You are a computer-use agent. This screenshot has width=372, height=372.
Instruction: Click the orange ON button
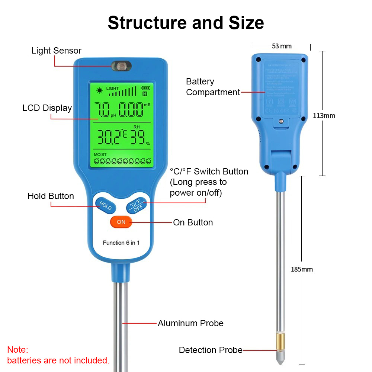tap(121, 222)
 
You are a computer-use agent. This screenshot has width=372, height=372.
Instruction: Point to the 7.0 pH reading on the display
tap(102, 110)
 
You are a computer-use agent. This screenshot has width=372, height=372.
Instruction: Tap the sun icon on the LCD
tap(99, 90)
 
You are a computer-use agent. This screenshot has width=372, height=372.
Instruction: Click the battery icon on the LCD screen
tap(145, 88)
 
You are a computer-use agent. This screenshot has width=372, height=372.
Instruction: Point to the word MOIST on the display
tap(100, 154)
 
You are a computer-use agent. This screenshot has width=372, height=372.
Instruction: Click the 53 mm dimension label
tap(282, 46)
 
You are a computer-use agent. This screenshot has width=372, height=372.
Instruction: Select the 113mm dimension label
tap(324, 116)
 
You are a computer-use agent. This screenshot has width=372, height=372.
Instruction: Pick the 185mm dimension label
tap(302, 269)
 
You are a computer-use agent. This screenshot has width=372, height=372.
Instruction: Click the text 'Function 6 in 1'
tap(121, 243)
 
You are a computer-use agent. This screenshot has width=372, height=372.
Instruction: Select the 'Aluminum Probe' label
tap(190, 323)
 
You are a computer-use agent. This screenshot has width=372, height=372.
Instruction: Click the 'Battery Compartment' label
tap(213, 87)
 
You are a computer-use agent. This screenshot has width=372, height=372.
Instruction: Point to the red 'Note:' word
tap(17, 350)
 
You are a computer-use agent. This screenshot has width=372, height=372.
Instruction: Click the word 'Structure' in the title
tap(147, 23)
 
